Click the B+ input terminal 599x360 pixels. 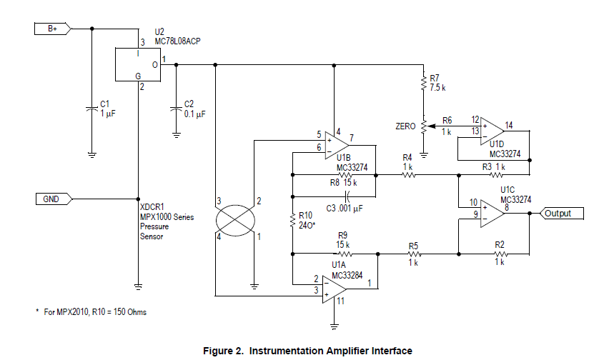[x=53, y=29]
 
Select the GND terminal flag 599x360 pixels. [x=54, y=199]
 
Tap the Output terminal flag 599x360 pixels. [x=562, y=214]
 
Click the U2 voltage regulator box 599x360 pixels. [x=138, y=64]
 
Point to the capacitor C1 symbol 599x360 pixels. [x=91, y=109]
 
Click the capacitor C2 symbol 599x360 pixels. [x=176, y=109]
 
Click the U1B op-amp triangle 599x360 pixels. [x=337, y=145]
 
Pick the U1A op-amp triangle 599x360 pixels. [x=335, y=290]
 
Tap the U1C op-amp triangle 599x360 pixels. [x=492, y=214]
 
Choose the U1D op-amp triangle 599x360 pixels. [x=492, y=131]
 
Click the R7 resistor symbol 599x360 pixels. [x=423, y=83]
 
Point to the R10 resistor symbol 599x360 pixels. [x=292, y=221]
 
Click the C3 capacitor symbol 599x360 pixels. [x=347, y=196]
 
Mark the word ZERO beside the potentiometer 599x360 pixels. [x=405, y=126]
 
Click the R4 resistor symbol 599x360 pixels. [x=408, y=175]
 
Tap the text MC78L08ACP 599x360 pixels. [x=178, y=41]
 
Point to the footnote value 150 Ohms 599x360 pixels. [x=130, y=312]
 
